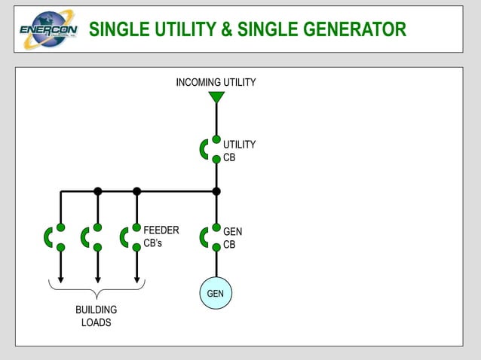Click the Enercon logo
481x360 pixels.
tap(47, 29)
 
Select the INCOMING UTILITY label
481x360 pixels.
tap(216, 82)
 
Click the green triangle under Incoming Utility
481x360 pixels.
tap(216, 97)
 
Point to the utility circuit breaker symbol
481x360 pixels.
tap(210, 149)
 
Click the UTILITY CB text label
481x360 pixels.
tap(239, 151)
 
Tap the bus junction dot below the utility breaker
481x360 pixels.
tap(216, 191)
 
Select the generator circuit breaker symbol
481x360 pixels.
tap(210, 237)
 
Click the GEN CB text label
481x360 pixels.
tap(232, 238)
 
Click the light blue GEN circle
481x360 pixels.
tap(216, 293)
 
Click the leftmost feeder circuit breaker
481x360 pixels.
tap(54, 237)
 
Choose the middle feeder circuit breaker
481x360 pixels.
tap(91, 237)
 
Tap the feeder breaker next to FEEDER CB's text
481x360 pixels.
tap(130, 237)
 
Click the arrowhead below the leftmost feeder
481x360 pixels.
tap(60, 279)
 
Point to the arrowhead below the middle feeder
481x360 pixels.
tap(97, 279)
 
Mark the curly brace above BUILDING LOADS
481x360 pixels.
tap(97, 290)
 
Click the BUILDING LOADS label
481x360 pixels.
tap(97, 316)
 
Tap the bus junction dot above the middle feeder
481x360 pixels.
tap(97, 191)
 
